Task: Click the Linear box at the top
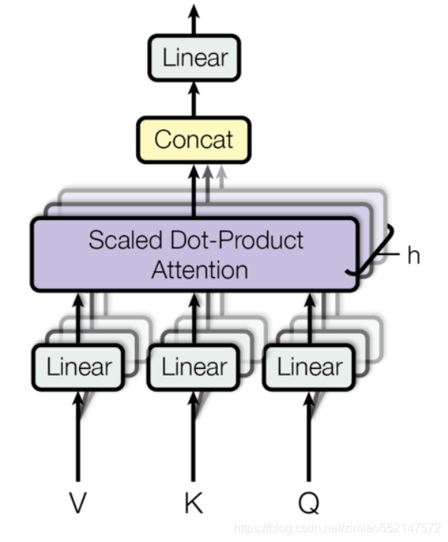[194, 58]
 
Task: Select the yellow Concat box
[194, 140]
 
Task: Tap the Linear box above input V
[78, 367]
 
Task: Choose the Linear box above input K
[194, 367]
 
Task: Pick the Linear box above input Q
[309, 367]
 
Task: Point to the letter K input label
[194, 503]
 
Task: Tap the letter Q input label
[309, 503]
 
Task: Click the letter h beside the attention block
[413, 255]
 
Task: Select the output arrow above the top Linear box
[194, 19]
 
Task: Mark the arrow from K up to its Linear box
[194, 440]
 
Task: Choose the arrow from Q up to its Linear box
[309, 440]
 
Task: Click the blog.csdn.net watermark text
[338, 527]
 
